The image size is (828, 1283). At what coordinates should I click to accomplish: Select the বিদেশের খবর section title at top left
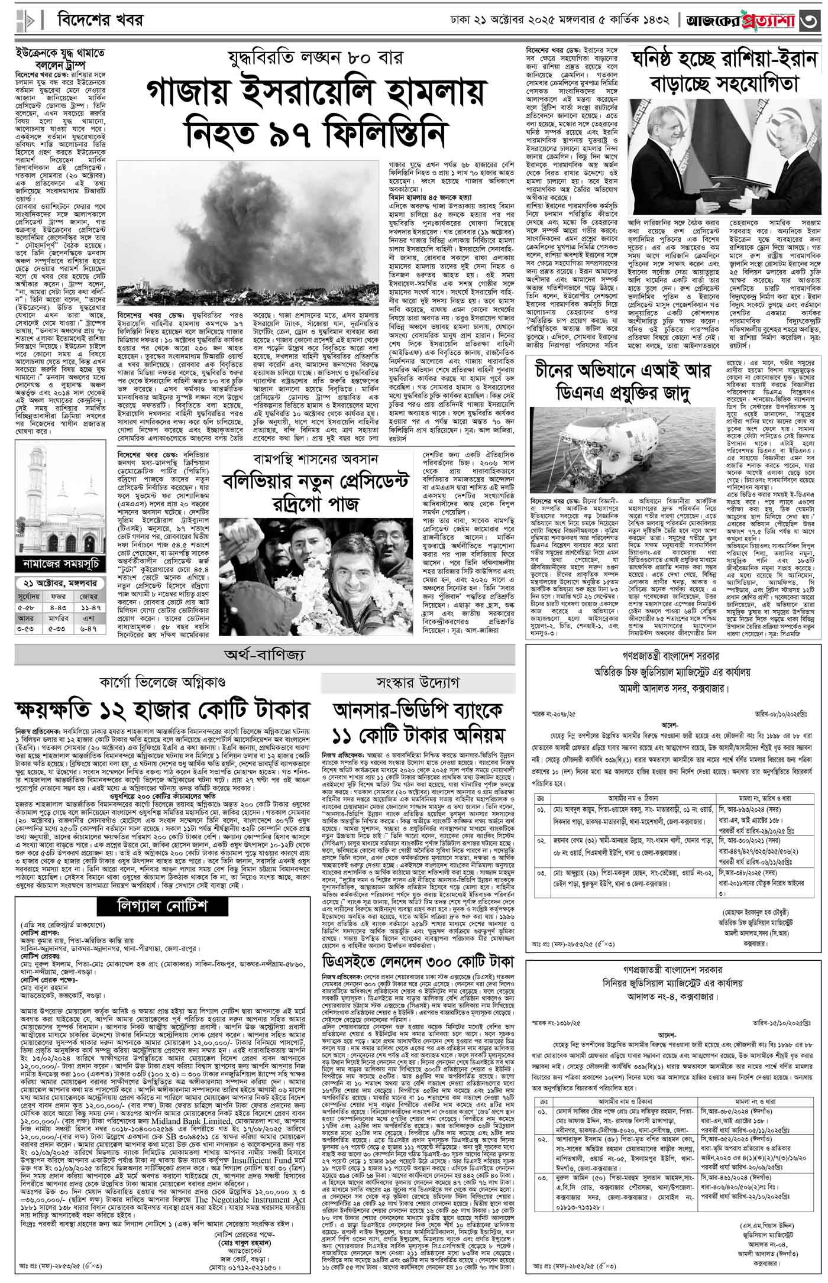point(100,20)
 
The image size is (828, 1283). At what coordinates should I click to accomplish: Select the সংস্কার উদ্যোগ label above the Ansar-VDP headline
point(418,683)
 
